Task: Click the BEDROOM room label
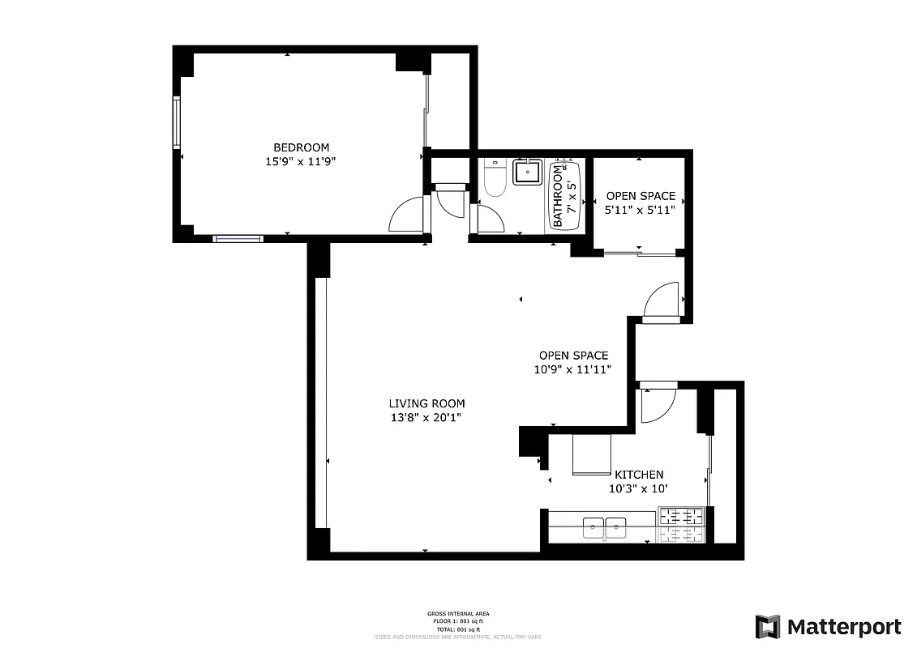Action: point(301,147)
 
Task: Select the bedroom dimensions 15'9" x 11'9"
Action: point(301,161)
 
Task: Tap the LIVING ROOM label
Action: point(426,403)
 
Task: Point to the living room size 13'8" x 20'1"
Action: point(426,418)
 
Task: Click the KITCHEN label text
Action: point(639,475)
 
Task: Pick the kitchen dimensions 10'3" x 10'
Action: point(639,488)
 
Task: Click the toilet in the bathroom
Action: point(495,178)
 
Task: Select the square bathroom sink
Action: point(528,171)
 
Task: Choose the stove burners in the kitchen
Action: point(681,525)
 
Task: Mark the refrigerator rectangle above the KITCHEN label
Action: point(592,454)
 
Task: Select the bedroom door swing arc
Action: point(407,215)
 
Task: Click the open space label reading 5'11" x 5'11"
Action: point(640,210)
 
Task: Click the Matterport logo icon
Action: point(767,627)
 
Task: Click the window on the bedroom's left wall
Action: point(177,122)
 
